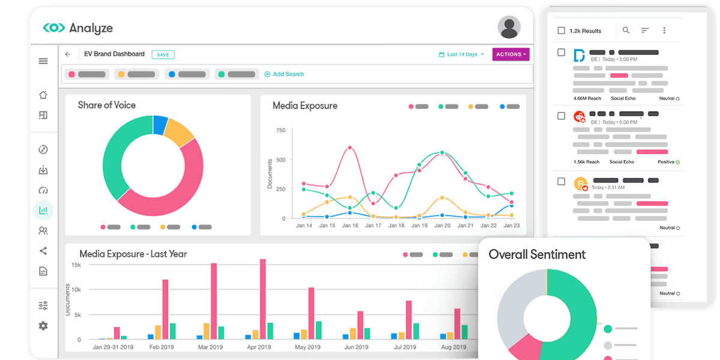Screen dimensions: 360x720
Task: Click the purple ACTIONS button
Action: point(511,55)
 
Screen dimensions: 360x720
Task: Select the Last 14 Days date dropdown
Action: point(461,55)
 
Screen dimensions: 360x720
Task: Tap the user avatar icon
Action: point(509,27)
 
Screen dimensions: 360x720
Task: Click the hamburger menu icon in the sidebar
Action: point(43,61)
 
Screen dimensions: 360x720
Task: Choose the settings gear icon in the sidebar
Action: point(43,326)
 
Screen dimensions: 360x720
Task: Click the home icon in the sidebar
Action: point(43,95)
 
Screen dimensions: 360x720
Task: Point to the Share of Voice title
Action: point(107,105)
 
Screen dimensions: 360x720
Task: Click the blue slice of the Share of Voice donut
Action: point(160,124)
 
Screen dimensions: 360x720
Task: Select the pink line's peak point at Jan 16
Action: point(350,148)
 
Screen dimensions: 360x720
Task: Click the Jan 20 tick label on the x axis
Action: point(442,226)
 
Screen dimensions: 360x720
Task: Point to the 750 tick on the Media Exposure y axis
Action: point(280,130)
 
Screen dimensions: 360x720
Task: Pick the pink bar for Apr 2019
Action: point(263,299)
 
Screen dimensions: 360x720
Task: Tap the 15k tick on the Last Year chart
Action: point(76,265)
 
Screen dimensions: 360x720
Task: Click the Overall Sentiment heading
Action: point(537,254)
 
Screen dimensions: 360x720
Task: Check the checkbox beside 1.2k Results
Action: point(561,31)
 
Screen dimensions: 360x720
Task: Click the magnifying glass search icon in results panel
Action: point(626,31)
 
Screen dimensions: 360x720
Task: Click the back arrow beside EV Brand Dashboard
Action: point(68,54)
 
